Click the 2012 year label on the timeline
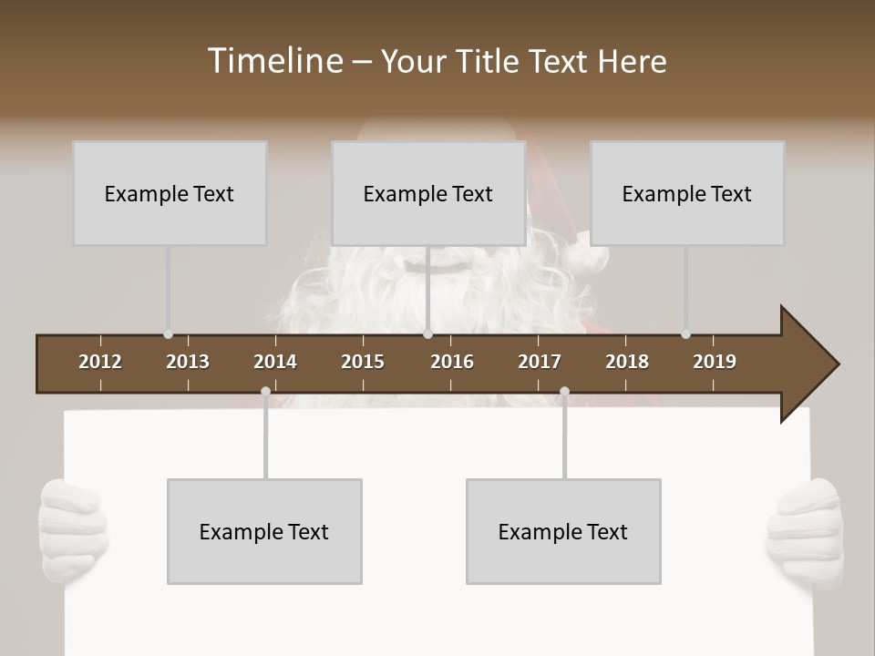point(100,362)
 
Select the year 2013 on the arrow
point(188,362)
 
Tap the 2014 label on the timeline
point(275,362)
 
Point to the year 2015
point(363,362)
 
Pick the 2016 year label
point(452,362)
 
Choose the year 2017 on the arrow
point(540,362)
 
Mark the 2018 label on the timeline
point(627,362)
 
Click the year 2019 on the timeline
point(715,362)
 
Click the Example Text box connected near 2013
point(170,193)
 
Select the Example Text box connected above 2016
point(428,193)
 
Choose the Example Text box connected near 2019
point(687,193)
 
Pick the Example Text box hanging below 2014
point(264,531)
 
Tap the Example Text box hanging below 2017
point(563,531)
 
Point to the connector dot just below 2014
point(265,392)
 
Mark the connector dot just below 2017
point(564,392)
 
